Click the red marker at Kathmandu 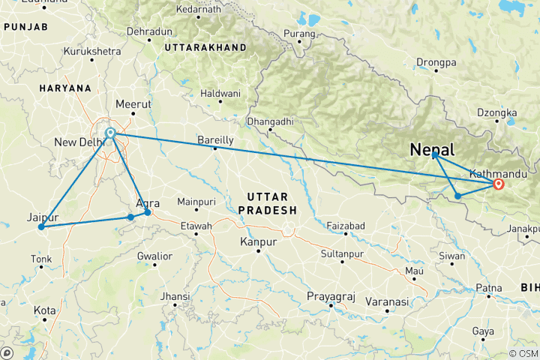[499, 183]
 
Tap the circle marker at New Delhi [110, 133]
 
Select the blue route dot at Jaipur [41, 226]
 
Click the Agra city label [148, 202]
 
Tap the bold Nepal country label [432, 150]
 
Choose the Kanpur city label [258, 242]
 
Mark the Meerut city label [134, 104]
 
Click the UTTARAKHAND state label [207, 46]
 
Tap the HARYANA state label [66, 88]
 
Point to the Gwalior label [155, 256]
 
